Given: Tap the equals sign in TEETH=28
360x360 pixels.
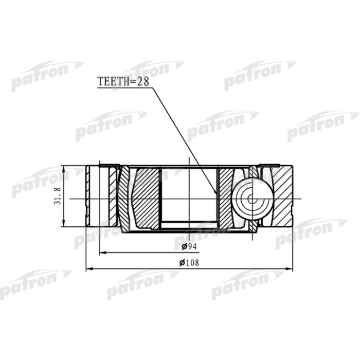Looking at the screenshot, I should pos(131,81).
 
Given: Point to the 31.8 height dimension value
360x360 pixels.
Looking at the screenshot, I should pos(58,196).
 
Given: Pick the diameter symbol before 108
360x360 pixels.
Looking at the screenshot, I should pos(182,263).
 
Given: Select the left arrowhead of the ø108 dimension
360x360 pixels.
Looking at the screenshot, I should pos(87,268).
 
